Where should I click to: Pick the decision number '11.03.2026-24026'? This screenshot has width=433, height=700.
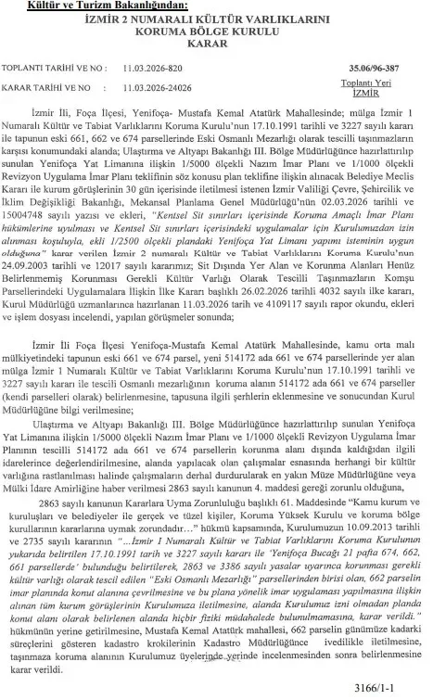159,89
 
